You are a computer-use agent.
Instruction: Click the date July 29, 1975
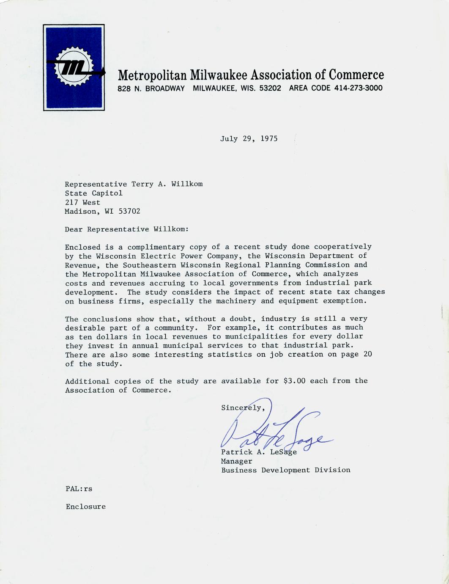coord(249,139)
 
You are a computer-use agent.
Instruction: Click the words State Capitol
coord(93,193)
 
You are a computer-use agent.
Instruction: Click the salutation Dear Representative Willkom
coord(126,229)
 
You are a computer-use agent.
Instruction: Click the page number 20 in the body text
coord(367,354)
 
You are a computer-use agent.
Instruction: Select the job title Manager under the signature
coord(236,461)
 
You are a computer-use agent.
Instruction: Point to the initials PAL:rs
coord(79,489)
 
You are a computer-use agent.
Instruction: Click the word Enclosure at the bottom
coord(85,507)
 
